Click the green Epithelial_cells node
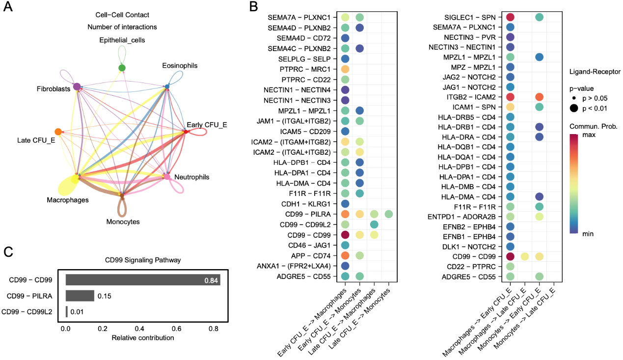(x=122, y=68)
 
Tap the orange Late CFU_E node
(x=58, y=132)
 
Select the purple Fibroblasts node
(x=77, y=86)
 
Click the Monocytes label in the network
(x=123, y=222)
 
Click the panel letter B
(x=253, y=6)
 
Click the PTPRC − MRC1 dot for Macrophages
(x=345, y=69)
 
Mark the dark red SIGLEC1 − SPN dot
(x=510, y=17)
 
